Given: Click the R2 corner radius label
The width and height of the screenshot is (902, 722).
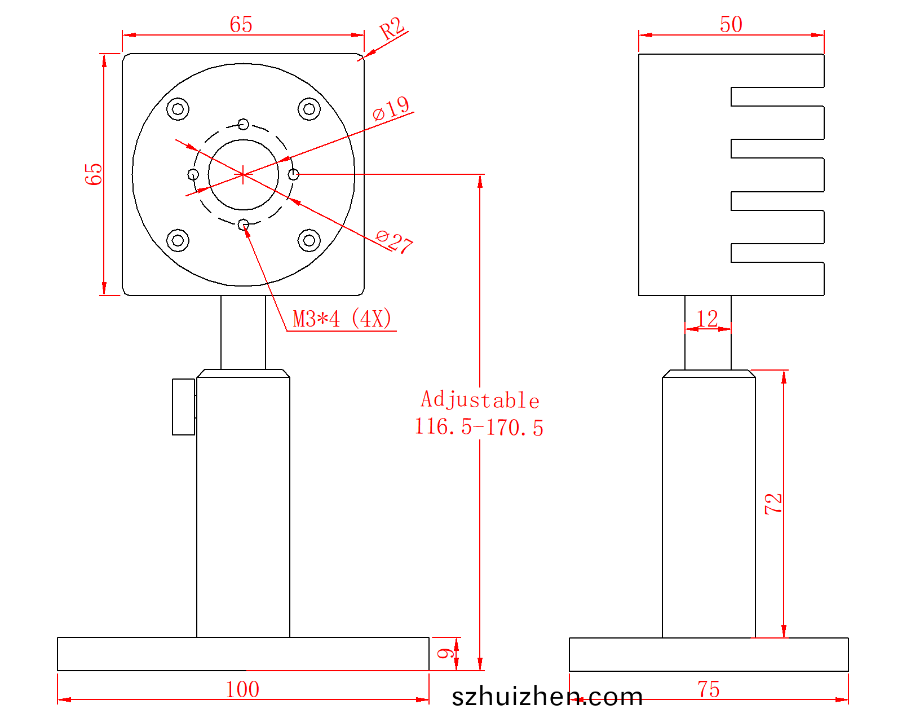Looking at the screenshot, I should click(x=392, y=28).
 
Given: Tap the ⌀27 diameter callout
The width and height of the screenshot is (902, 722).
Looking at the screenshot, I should click(x=394, y=241).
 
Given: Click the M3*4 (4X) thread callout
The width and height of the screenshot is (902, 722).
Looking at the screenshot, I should click(x=342, y=319).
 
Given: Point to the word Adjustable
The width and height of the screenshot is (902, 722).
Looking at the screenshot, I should click(x=480, y=400).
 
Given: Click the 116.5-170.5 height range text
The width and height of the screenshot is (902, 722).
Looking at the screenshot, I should click(x=479, y=427).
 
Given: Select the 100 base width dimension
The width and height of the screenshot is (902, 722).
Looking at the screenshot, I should click(x=242, y=689).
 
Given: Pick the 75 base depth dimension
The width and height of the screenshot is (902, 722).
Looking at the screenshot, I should click(x=708, y=689).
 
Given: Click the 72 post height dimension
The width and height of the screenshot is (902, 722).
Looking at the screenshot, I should click(x=773, y=503).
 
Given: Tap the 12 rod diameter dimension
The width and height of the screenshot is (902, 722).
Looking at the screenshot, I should click(x=707, y=319).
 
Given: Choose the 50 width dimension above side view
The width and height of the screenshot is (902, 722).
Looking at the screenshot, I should click(x=731, y=25).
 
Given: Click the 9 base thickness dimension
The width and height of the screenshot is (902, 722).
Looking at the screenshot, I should click(x=446, y=654).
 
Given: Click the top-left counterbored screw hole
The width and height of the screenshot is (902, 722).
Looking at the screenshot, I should click(x=178, y=109).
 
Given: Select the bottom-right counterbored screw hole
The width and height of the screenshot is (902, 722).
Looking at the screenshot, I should click(x=309, y=240).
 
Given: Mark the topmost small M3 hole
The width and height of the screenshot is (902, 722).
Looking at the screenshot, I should click(x=244, y=124).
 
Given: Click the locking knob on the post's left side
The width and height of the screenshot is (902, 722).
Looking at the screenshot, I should click(x=183, y=407).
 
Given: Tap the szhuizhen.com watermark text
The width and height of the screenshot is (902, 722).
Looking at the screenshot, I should click(x=547, y=697).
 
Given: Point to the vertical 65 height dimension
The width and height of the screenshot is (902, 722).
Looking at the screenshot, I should click(x=94, y=174).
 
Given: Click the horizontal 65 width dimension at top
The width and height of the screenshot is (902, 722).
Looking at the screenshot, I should click(x=241, y=25).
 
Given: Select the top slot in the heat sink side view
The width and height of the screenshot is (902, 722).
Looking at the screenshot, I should click(x=777, y=96).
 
